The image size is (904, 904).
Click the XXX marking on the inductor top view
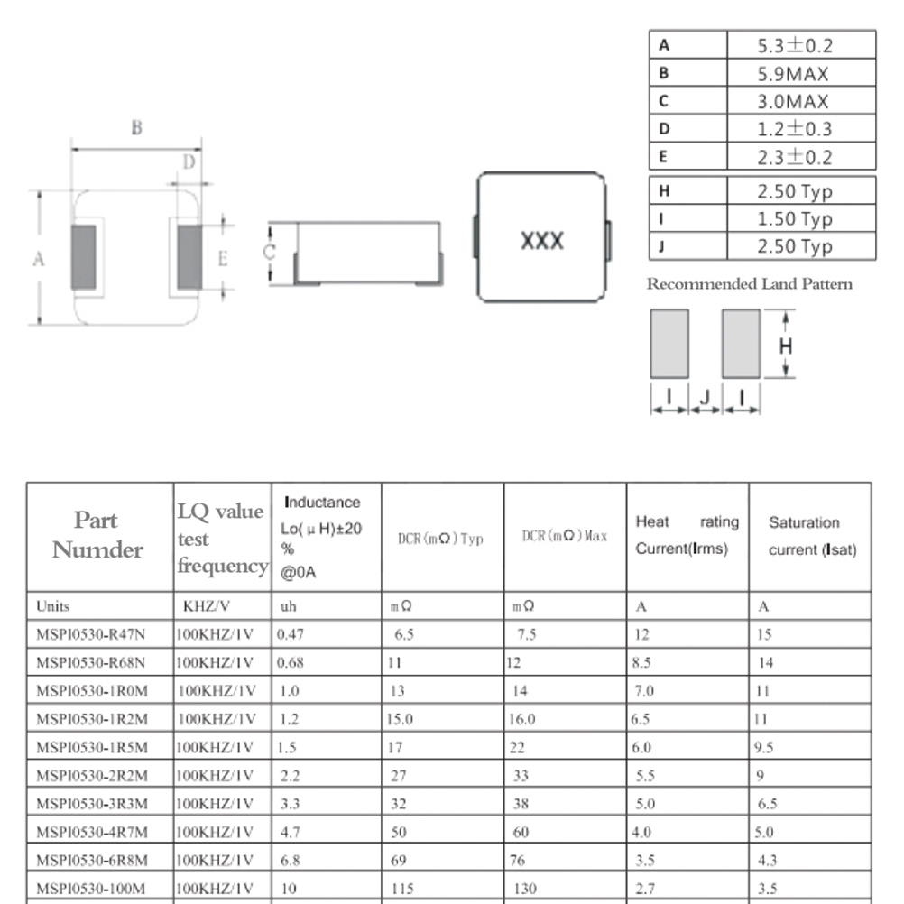point(542,240)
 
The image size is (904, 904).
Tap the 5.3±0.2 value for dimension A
point(795,45)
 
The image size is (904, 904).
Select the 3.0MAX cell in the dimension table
point(793,101)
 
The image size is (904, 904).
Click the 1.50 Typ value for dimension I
point(795,219)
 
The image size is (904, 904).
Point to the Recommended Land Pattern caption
point(749,283)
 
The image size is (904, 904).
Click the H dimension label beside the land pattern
point(785,346)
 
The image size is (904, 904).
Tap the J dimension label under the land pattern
point(705,397)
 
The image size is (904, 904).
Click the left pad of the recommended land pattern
point(669,344)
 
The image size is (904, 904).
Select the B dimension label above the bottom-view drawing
point(136,127)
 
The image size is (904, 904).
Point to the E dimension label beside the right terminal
point(223,258)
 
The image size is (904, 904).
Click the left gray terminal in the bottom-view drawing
point(84,257)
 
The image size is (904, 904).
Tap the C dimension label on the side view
point(269,252)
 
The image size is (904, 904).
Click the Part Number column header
point(97,534)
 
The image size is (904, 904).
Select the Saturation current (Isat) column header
point(812,536)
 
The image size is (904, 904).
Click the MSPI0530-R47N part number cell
point(90,634)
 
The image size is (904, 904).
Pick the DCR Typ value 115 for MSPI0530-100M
point(402,889)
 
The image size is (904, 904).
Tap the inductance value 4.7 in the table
point(290,832)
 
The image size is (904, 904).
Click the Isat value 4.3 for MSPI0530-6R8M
point(768,860)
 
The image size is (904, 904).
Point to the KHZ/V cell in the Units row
point(207,606)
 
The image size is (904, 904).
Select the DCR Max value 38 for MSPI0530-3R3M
point(521,804)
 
